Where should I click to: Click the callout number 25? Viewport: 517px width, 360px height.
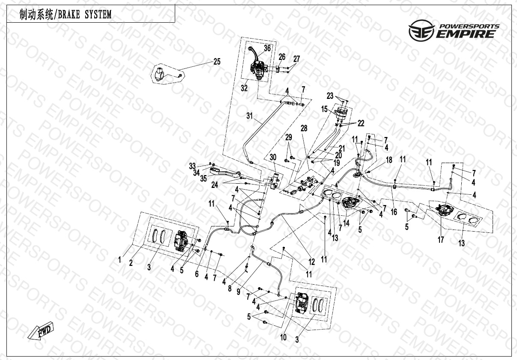pyautogui.click(x=217, y=62)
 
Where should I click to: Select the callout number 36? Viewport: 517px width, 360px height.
pyautogui.click(x=267, y=48)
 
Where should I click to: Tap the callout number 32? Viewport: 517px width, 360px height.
pyautogui.click(x=244, y=88)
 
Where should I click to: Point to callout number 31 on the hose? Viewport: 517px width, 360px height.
pyautogui.click(x=249, y=116)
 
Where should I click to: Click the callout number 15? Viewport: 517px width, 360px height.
pyautogui.click(x=324, y=109)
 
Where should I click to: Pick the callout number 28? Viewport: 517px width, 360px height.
pyautogui.click(x=304, y=128)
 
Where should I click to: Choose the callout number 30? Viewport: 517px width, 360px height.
pyautogui.click(x=273, y=157)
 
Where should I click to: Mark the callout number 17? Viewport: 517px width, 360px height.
pyautogui.click(x=441, y=240)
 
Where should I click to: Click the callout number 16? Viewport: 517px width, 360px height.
pyautogui.click(x=394, y=212)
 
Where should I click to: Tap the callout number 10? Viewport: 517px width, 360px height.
pyautogui.click(x=283, y=337)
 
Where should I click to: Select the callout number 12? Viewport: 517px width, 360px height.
pyautogui.click(x=311, y=262)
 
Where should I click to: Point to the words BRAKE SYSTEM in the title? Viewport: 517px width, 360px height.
pyautogui.click(x=85, y=14)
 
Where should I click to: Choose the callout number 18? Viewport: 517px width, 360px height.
pyautogui.click(x=389, y=160)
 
